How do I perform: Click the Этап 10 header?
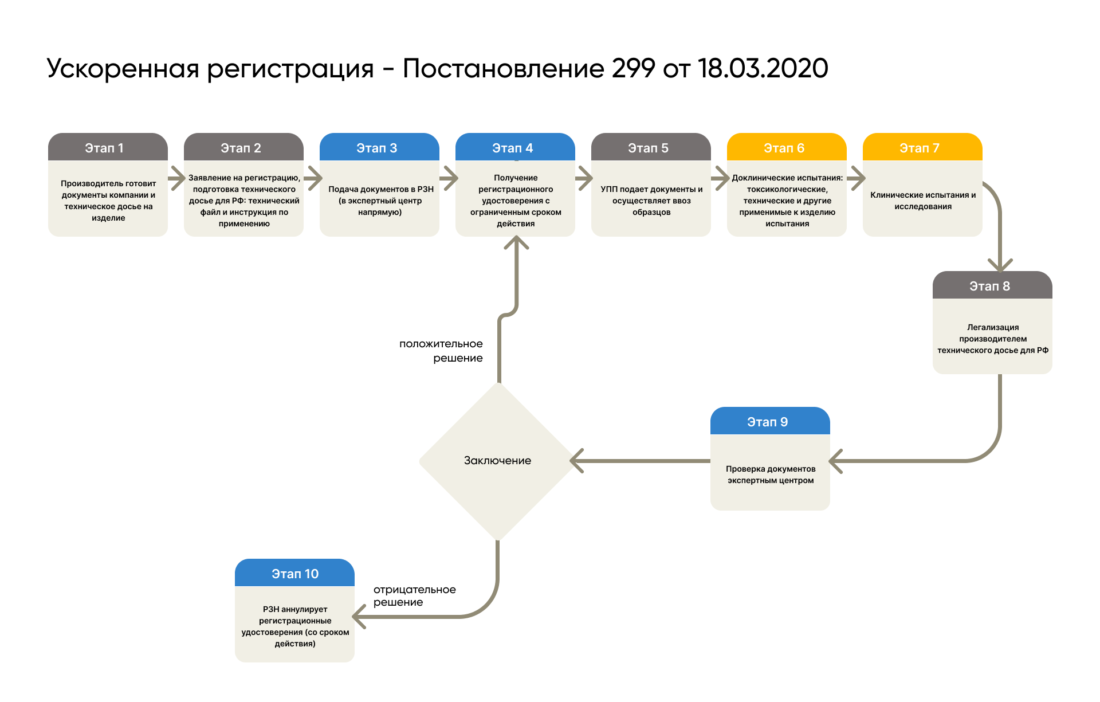point(294,574)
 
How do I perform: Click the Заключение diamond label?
point(497,461)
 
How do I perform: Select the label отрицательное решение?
point(414,596)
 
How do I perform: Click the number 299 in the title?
point(633,69)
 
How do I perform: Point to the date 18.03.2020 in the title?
point(763,69)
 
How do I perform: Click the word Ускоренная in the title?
point(123,69)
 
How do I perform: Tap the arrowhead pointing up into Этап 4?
point(516,243)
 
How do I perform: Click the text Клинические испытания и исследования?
point(922,201)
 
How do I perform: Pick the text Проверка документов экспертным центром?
point(770,474)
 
